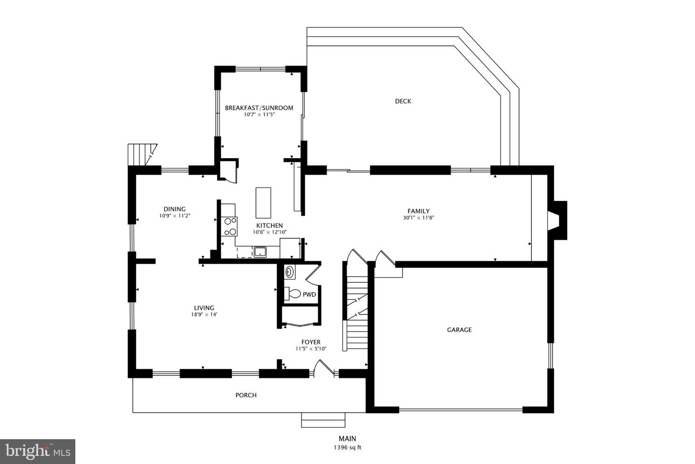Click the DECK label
[403, 101]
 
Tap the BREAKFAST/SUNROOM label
[259, 108]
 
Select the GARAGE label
[459, 330]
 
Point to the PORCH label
[246, 395]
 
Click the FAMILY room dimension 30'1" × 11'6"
[418, 218]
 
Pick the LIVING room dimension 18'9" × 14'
[204, 314]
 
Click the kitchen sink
[260, 252]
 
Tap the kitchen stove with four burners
[230, 226]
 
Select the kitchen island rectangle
[264, 203]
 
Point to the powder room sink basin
[290, 272]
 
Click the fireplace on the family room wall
[557, 220]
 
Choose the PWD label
[309, 294]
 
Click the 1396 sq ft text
[347, 448]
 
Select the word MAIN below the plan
[347, 438]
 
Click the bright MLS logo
[38, 451]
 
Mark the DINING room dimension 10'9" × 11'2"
[175, 216]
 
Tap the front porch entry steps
[323, 420]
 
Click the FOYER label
[311, 342]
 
